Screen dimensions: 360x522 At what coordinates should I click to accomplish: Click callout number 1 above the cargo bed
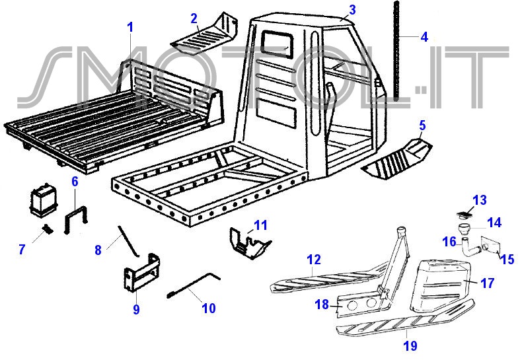coord(130,27)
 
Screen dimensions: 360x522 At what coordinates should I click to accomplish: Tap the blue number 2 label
coord(194,18)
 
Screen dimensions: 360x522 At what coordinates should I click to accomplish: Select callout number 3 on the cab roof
coord(352,9)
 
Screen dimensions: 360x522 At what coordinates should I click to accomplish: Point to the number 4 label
coord(424,37)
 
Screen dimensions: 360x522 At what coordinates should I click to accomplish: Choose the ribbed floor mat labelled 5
coord(397,157)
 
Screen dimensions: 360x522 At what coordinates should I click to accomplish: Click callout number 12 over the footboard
coord(313,260)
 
